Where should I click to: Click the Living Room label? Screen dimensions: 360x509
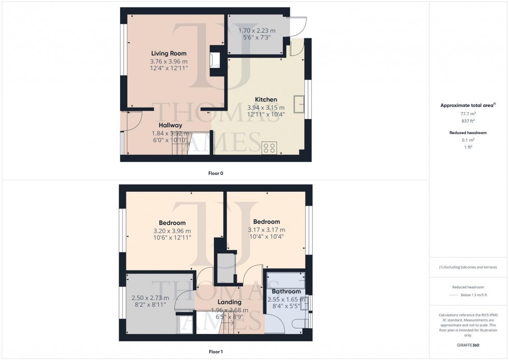pyautogui.click(x=168, y=54)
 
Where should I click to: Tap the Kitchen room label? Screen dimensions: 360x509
pyautogui.click(x=265, y=100)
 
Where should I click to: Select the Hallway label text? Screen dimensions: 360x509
pyautogui.click(x=170, y=125)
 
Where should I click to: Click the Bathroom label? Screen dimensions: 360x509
pyautogui.click(x=286, y=292)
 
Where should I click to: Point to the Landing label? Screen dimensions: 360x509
pyautogui.click(x=229, y=302)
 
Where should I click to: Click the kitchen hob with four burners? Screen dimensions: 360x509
pyautogui.click(x=270, y=148)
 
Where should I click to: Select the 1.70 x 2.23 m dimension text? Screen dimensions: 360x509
pyautogui.click(x=257, y=31)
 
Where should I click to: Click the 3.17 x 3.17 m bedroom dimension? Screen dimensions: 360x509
pyautogui.click(x=266, y=230)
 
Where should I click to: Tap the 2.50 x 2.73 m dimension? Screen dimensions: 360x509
pyautogui.click(x=151, y=298)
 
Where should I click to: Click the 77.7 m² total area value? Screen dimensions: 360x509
pyautogui.click(x=468, y=113)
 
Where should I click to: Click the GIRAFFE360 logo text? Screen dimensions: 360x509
pyautogui.click(x=468, y=344)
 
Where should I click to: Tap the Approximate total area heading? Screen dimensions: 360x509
pyautogui.click(x=467, y=105)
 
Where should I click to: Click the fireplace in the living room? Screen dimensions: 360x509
pyautogui.click(x=214, y=59)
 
